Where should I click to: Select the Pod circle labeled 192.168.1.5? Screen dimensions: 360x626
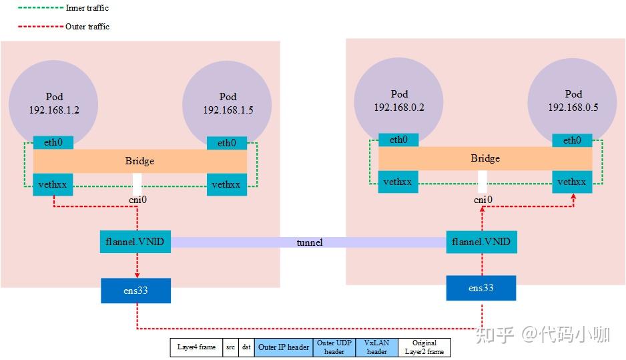pos(227,100)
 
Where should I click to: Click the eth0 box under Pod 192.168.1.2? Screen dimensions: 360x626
pos(53,142)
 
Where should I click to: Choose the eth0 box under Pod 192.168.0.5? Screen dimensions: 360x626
pos(572,140)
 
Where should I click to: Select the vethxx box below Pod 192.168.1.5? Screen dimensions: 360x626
pos(226,184)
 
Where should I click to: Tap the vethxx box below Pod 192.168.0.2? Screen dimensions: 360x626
pos(398,182)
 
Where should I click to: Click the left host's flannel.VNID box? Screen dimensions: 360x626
pos(136,242)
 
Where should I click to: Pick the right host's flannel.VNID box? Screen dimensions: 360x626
pos(481,242)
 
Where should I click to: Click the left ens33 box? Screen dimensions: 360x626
pos(135,291)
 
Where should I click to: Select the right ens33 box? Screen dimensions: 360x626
pos(481,288)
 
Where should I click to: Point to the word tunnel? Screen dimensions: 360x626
pos(309,242)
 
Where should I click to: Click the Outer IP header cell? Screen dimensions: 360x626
pos(284,347)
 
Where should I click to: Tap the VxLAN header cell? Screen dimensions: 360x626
pos(376,347)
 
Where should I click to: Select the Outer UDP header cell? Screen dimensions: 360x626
pos(334,347)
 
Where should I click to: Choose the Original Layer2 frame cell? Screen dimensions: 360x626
pos(424,347)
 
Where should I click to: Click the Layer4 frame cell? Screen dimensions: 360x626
pos(196,347)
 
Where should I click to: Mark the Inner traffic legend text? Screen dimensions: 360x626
pos(87,9)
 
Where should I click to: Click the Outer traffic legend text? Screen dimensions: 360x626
pos(87,27)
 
